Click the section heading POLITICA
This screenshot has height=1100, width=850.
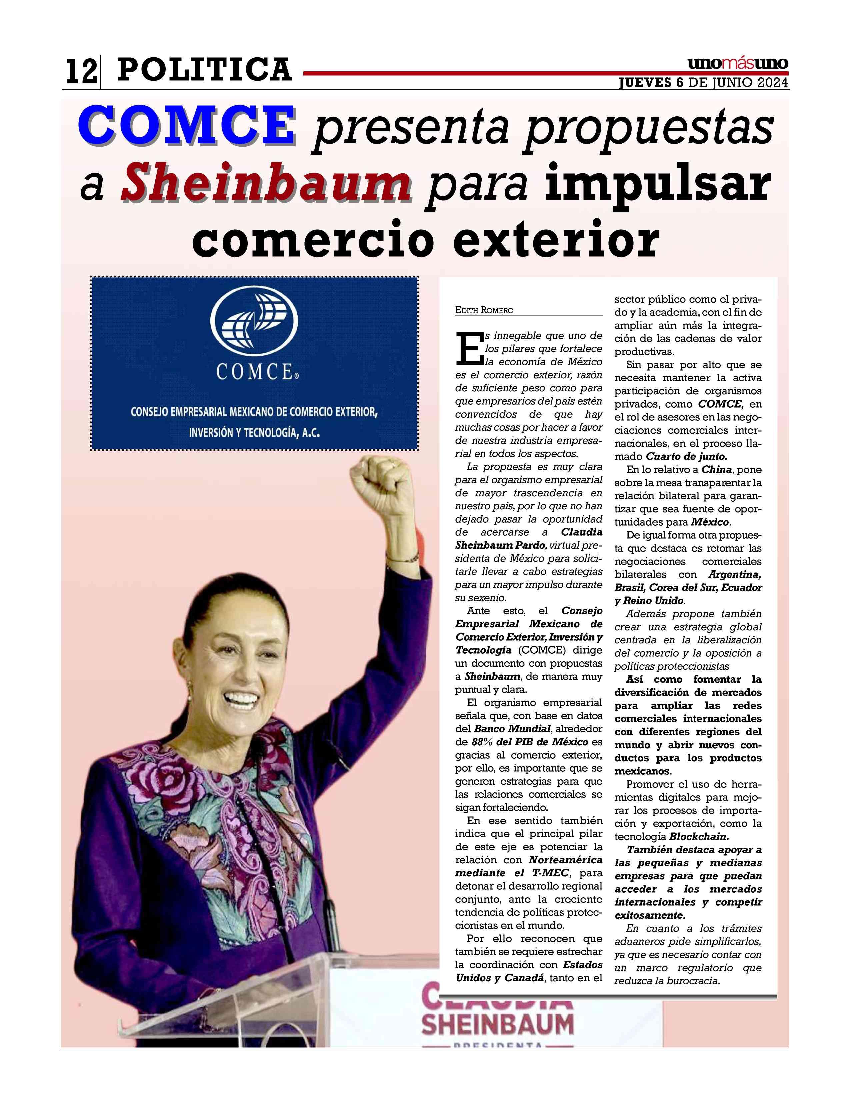click(204, 70)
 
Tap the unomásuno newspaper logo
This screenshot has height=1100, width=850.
click(738, 64)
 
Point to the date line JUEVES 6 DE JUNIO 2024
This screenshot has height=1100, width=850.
click(703, 83)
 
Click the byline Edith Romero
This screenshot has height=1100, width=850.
click(484, 310)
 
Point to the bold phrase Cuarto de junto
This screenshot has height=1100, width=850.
click(687, 457)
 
